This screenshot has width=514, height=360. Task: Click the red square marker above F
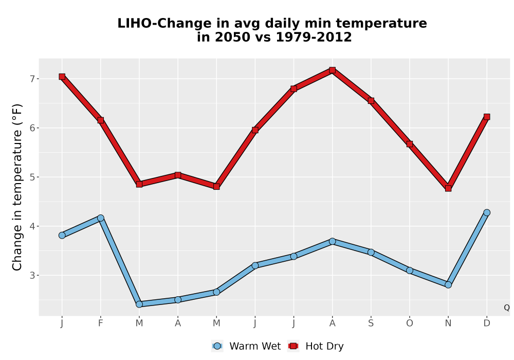(x=101, y=120)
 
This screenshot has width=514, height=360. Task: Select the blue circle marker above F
(x=101, y=218)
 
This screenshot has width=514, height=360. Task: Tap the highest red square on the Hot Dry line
(x=333, y=70)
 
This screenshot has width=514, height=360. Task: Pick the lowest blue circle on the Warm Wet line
(x=139, y=304)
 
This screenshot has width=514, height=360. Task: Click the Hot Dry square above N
(x=448, y=188)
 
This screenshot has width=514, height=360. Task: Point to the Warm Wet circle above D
(x=487, y=212)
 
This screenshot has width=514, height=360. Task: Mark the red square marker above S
(x=371, y=101)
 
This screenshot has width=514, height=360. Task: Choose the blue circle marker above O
(x=410, y=271)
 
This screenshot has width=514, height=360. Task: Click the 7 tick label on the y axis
(x=32, y=79)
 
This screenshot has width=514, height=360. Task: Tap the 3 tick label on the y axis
(x=32, y=276)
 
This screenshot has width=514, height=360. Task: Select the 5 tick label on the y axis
(x=32, y=177)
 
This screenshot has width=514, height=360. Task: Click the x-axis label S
(x=371, y=323)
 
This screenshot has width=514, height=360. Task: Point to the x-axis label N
(x=448, y=323)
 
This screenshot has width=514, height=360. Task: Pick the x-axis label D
(x=487, y=323)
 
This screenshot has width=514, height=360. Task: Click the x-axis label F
(x=101, y=323)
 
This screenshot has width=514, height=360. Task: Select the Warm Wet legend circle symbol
(x=217, y=346)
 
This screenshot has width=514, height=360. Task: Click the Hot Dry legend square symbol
(x=293, y=346)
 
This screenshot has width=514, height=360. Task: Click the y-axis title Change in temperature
(x=17, y=187)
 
